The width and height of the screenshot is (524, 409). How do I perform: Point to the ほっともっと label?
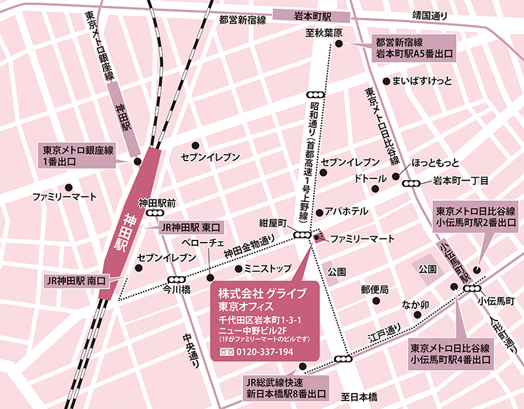436,162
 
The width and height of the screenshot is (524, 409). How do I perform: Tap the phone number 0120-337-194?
265,352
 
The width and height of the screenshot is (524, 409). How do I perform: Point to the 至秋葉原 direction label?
325,31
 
